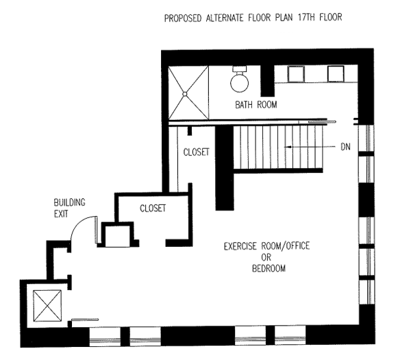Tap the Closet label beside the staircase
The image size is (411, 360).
pyautogui.click(x=196, y=152)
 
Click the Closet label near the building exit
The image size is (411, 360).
pyautogui.click(x=153, y=208)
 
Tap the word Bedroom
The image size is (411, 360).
pyautogui.click(x=268, y=268)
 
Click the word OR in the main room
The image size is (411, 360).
pyautogui.click(x=268, y=257)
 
